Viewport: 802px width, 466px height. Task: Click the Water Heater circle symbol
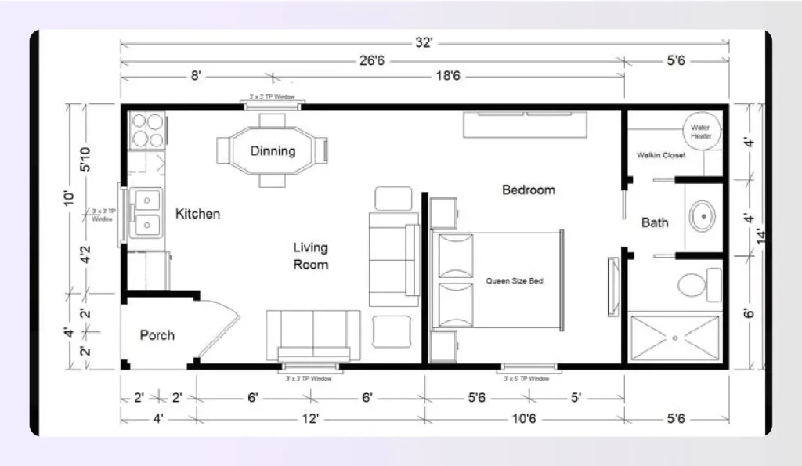700,131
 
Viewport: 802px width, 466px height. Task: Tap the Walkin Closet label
661,155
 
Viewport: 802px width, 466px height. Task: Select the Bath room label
655,222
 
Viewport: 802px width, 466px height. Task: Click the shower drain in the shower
674,338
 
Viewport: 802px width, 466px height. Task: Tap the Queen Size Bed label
515,280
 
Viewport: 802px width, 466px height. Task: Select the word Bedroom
529,190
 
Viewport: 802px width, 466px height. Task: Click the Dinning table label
273,150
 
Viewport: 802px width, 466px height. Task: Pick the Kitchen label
197,213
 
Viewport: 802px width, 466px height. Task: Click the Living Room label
311,256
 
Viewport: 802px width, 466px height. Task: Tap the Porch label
157,335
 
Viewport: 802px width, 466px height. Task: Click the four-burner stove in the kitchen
146,131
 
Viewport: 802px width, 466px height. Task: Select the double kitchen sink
146,214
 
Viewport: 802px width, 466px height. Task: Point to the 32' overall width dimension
424,43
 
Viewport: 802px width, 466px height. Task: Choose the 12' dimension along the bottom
310,419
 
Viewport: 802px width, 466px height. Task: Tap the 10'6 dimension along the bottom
523,419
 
